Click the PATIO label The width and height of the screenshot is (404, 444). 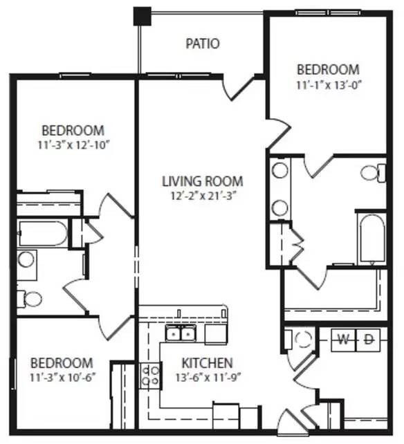(x=203, y=44)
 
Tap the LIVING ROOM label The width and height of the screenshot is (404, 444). (x=203, y=182)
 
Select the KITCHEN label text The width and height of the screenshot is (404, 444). (x=207, y=363)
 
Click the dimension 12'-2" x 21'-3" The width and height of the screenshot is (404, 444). (x=203, y=196)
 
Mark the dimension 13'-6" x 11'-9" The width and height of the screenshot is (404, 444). (x=207, y=378)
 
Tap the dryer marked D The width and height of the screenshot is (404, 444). (x=369, y=339)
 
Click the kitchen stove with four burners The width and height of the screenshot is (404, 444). (x=149, y=376)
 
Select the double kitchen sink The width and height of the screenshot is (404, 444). (x=180, y=335)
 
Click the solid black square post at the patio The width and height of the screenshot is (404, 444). (x=143, y=15)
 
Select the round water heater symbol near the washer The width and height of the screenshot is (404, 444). (x=303, y=340)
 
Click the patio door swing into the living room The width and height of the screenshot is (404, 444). (x=238, y=86)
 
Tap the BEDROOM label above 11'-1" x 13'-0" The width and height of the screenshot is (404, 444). (x=328, y=70)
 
